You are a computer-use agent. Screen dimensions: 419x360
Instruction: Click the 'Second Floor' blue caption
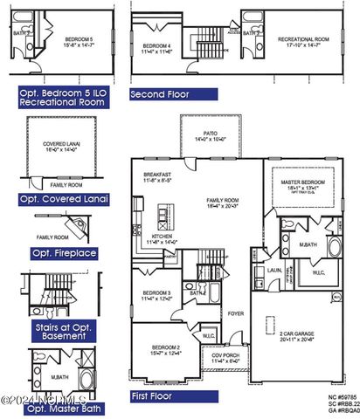pyautogui.click(x=172, y=93)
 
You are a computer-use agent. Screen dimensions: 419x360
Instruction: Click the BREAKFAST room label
pyautogui.click(x=158, y=175)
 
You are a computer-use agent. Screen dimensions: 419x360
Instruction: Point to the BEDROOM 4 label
pyautogui.click(x=157, y=45)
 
